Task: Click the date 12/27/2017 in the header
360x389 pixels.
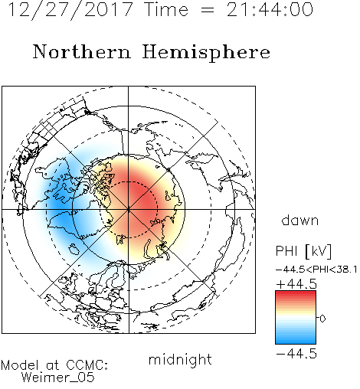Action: tap(70, 10)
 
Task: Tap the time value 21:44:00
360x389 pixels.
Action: tap(270, 10)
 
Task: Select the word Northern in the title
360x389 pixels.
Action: tap(82, 52)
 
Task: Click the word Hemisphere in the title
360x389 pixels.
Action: tap(206, 53)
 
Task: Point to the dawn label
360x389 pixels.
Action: tap(299, 220)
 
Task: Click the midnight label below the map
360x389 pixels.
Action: tap(180, 360)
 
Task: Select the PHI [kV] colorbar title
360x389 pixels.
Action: tap(303, 251)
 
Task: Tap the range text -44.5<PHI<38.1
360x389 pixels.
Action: tap(316, 270)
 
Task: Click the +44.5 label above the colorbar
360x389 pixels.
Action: tap(296, 284)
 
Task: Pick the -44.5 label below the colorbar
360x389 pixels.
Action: tap(296, 354)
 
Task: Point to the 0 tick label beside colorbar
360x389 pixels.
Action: tap(322, 319)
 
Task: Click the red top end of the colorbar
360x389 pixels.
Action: tap(296, 293)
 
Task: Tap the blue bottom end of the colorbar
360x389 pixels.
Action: tap(296, 342)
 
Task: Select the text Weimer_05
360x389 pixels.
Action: tap(58, 378)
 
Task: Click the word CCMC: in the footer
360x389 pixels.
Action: tap(87, 365)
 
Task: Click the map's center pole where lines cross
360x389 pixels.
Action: tap(129, 210)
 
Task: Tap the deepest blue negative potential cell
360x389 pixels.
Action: tap(59, 204)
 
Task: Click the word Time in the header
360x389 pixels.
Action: tap(166, 10)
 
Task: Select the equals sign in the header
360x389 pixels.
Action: tap(208, 10)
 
